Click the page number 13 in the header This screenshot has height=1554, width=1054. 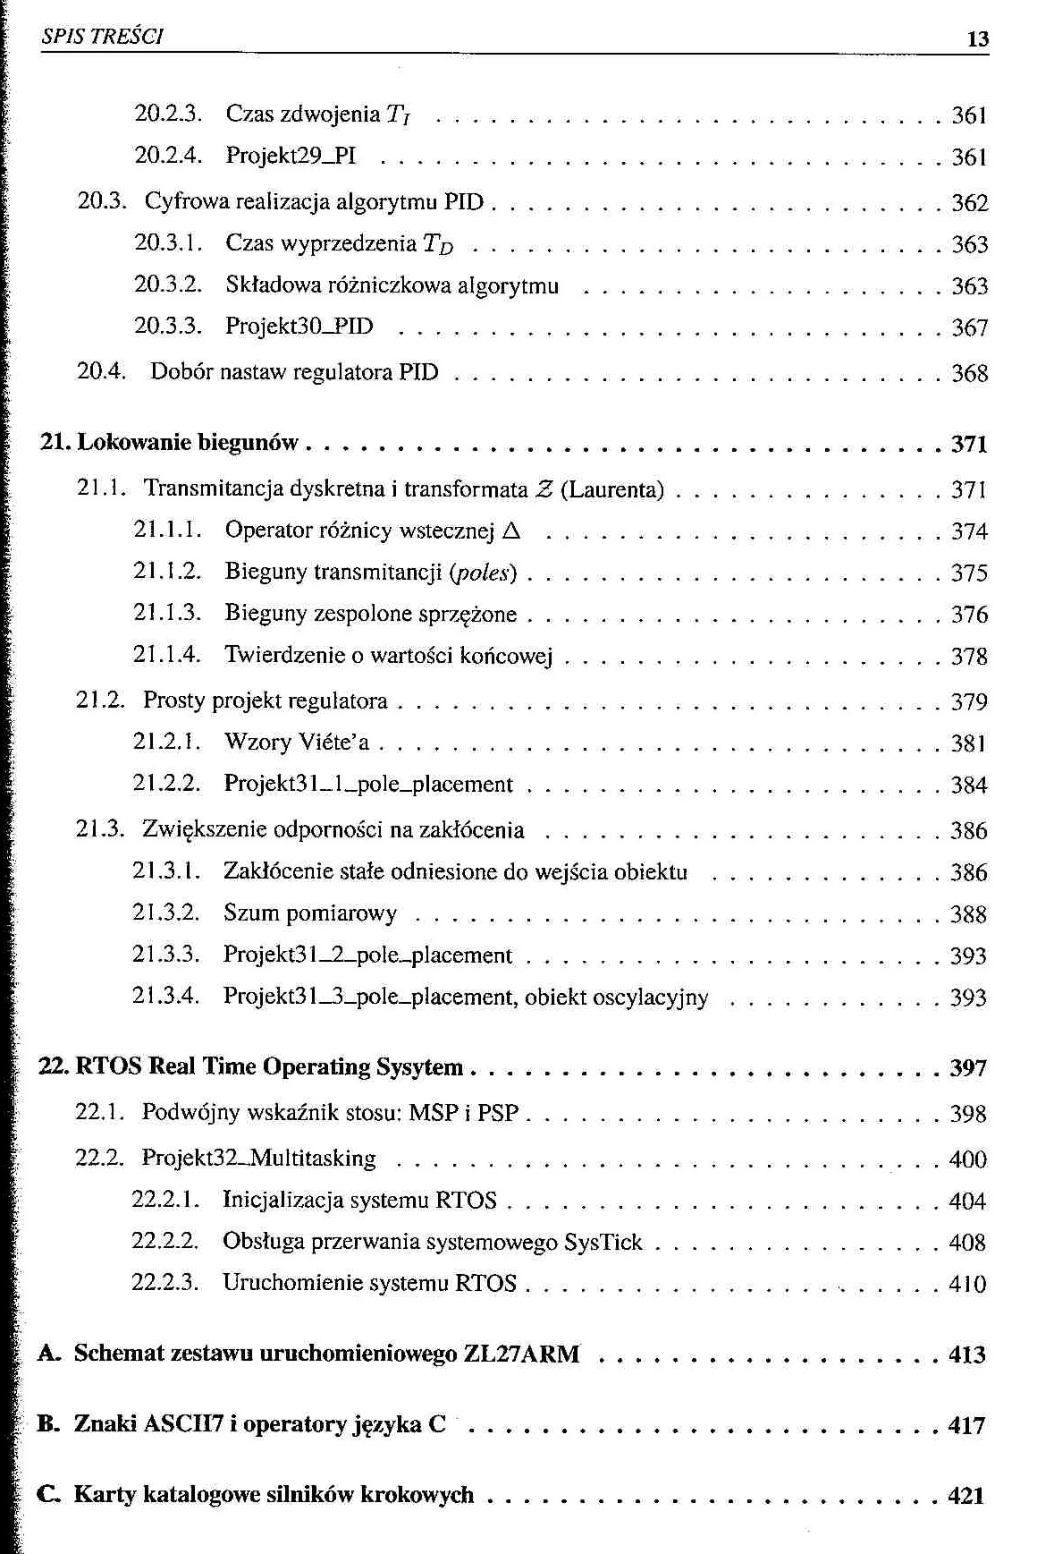978,38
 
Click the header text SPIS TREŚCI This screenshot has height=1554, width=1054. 102,37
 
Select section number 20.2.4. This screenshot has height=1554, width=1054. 167,156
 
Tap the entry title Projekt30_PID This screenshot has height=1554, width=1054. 299,327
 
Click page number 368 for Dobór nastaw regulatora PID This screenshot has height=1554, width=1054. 969,373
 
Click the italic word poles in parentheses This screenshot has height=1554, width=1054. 484,573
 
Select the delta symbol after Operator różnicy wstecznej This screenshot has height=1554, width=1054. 511,531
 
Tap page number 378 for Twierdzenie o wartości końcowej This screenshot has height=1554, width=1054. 969,657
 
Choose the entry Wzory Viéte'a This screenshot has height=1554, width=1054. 296,743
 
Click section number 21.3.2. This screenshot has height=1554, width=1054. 165,913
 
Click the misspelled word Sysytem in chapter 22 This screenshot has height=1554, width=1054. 419,1067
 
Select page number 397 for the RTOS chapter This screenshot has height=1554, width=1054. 968,1068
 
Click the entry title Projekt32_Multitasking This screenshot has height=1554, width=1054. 258,1159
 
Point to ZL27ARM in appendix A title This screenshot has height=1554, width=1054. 521,1354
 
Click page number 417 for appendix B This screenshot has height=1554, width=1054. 966,1425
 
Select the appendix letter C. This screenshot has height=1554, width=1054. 49,1495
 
